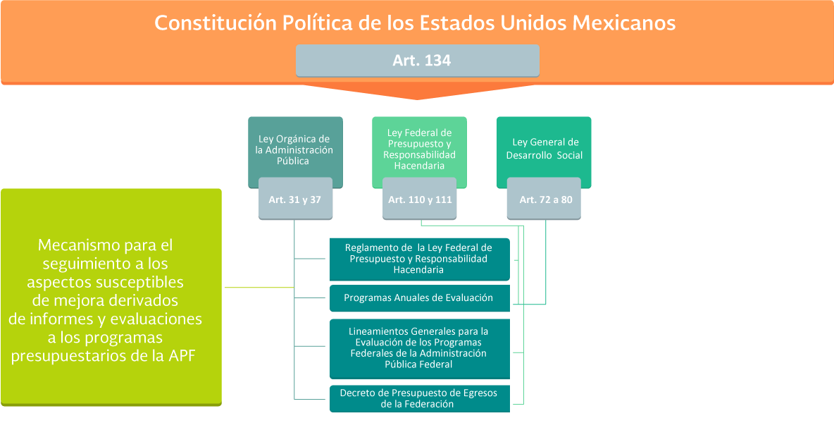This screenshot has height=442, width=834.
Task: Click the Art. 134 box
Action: [418, 61]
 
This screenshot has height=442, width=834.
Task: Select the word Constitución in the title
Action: [216, 23]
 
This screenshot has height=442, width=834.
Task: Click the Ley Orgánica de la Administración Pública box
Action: [295, 152]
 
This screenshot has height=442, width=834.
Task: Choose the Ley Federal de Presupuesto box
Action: [419, 152]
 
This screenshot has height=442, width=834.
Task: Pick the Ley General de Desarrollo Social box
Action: [544, 152]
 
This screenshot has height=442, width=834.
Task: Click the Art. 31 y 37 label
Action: [295, 199]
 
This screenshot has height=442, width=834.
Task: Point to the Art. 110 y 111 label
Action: [419, 199]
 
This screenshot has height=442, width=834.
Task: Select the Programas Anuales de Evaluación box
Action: [420, 298]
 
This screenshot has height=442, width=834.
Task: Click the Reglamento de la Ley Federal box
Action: [420, 259]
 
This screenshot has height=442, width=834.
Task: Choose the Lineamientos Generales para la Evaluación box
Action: [420, 349]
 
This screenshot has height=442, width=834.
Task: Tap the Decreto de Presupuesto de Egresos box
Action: [420, 399]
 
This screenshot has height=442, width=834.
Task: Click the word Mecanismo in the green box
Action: [78, 245]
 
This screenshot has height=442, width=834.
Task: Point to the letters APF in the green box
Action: [182, 356]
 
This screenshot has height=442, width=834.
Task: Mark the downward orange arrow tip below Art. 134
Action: [418, 99]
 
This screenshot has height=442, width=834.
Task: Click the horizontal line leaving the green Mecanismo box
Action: [259, 288]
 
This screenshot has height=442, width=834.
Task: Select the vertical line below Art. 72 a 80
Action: [546, 262]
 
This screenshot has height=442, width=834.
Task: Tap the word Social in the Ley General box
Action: [570, 156]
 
